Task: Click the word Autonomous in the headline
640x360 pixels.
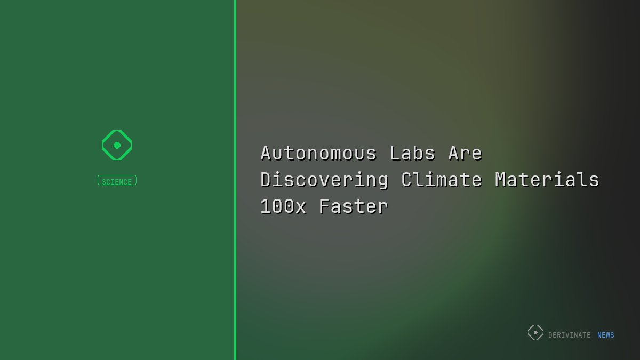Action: coord(318,154)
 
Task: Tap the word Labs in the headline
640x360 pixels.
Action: coord(412,154)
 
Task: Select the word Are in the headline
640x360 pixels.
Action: coord(465,154)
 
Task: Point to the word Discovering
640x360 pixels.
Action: coord(324,180)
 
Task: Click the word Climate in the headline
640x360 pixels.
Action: coord(442,180)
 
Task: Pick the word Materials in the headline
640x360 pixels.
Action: coord(547,180)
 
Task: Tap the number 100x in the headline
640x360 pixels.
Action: coord(283,207)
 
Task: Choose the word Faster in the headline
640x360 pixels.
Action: coord(354,207)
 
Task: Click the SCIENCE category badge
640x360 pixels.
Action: coord(117,181)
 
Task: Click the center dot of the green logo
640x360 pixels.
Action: coord(117,145)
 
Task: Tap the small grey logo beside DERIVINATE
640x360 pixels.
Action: coord(535,332)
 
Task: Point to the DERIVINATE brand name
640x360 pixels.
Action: coord(569,335)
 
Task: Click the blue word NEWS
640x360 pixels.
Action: coord(606,335)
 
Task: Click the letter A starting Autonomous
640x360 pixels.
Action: coord(266,154)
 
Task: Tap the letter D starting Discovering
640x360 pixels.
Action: coord(266,180)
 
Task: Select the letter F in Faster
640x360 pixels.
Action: coord(325,207)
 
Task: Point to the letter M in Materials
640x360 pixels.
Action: coord(501,180)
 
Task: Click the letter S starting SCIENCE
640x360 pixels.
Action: coord(104,182)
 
